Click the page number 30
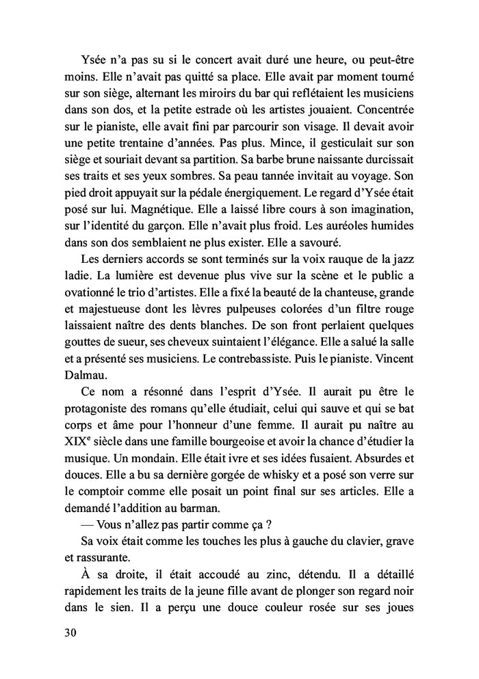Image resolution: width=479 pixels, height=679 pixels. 68,632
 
